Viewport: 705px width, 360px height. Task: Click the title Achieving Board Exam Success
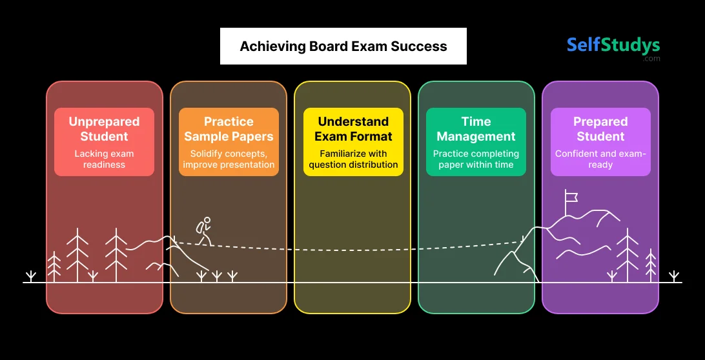(x=343, y=46)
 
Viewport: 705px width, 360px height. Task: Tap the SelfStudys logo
(x=613, y=45)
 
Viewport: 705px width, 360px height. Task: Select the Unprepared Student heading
(x=104, y=129)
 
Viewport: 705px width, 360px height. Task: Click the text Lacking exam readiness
(x=104, y=159)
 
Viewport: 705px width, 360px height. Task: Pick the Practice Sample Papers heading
(x=229, y=129)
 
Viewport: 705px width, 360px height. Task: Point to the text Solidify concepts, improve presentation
(x=229, y=159)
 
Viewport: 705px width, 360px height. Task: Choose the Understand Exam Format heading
(x=353, y=129)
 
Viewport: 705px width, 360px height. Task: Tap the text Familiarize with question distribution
(x=353, y=159)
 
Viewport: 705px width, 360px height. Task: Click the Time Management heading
(x=476, y=129)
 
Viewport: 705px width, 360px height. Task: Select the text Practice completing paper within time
(x=476, y=159)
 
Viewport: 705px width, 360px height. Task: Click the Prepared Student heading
(x=600, y=129)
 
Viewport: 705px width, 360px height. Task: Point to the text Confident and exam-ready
(x=600, y=159)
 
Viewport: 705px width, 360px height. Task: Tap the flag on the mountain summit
(x=570, y=195)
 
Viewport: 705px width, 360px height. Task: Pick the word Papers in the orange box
(x=253, y=137)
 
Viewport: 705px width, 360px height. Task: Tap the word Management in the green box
(x=476, y=137)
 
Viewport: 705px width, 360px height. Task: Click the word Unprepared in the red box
(x=104, y=122)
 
